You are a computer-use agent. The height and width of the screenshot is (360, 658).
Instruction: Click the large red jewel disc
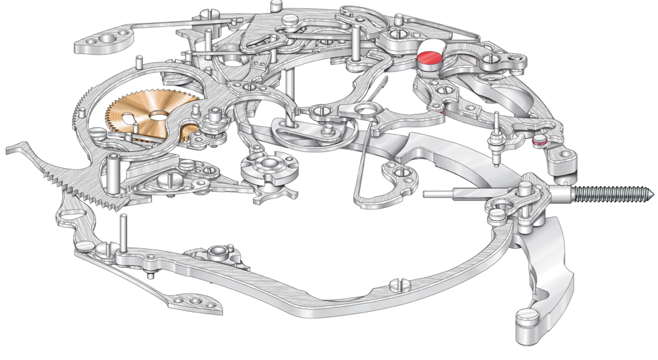click(x=430, y=58)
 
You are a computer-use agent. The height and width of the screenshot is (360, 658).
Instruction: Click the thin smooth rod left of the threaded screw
click(x=452, y=194)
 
